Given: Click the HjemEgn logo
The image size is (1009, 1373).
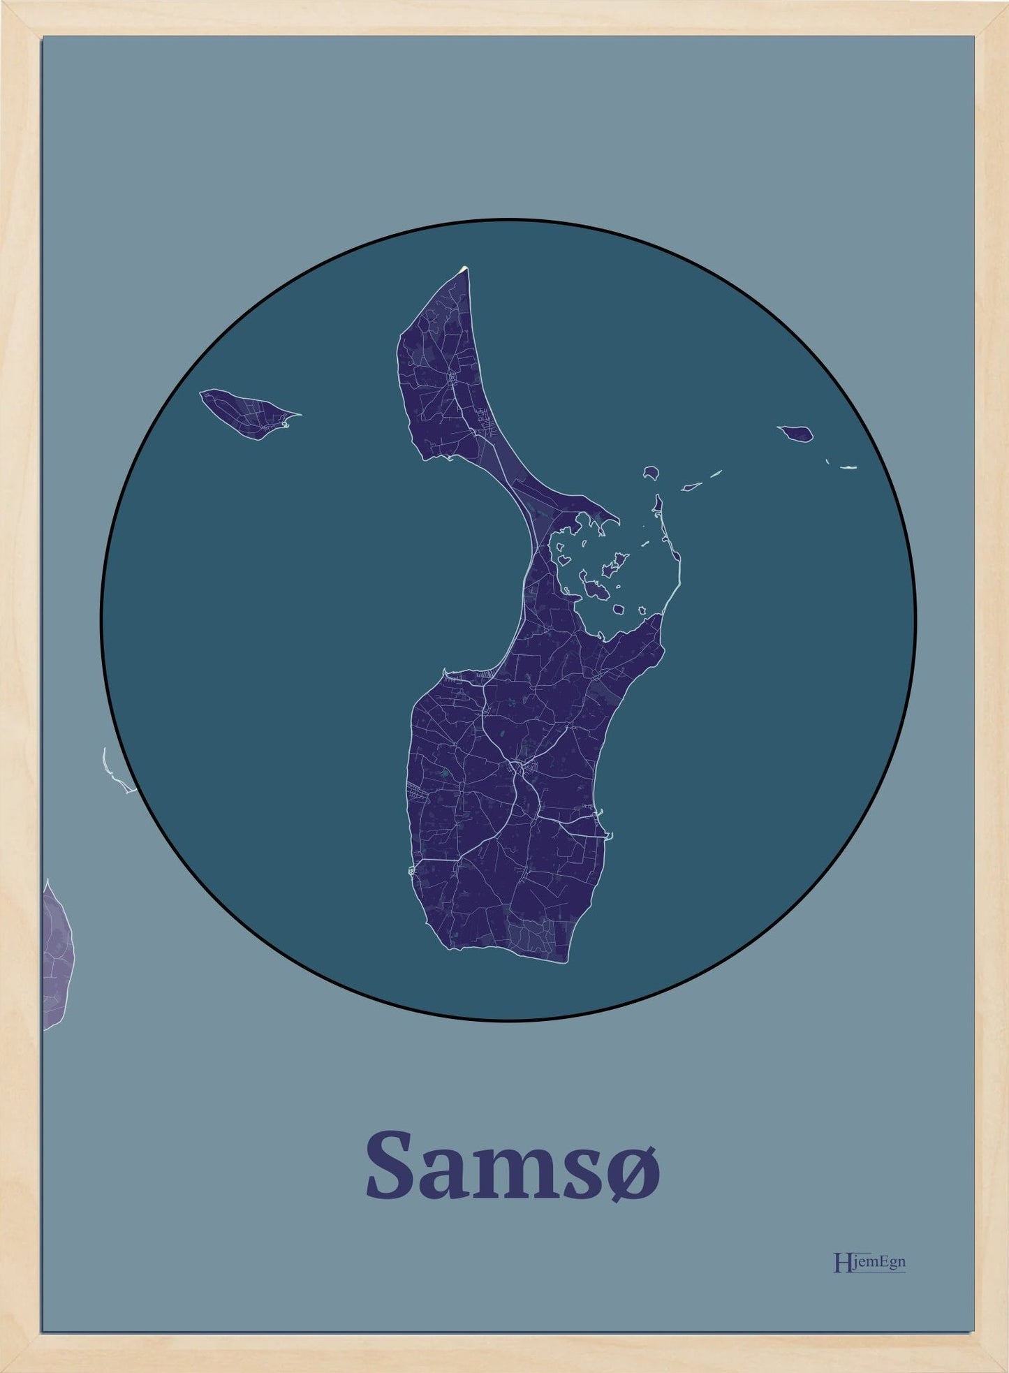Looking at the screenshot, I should click(869, 1263).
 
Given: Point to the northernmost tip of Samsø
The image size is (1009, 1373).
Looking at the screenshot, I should click(465, 268).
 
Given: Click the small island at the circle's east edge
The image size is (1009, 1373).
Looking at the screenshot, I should click(796, 434).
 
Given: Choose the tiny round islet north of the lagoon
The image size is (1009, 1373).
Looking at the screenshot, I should click(651, 473).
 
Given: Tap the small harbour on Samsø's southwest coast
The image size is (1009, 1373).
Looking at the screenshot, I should click(411, 870).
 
